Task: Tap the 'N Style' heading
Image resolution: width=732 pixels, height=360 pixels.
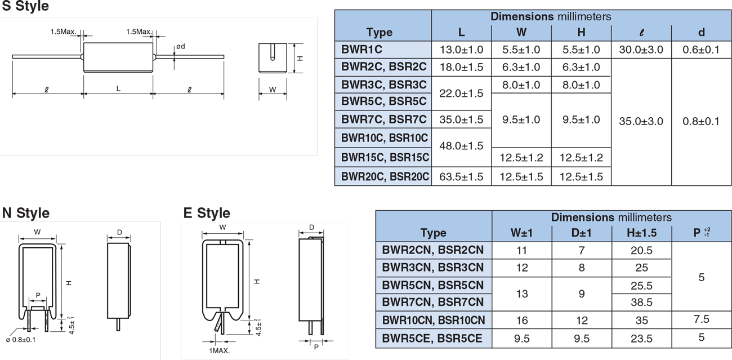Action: coord(26,213)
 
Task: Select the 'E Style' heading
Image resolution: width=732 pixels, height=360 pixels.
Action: coord(207,213)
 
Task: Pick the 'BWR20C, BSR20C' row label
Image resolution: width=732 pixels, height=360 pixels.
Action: coord(385,176)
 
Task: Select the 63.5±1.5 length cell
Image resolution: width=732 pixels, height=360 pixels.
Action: coord(461,176)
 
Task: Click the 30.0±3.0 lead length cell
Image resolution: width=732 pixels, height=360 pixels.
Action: coord(641,50)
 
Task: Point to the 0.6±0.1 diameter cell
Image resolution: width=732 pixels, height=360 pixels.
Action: coord(700,50)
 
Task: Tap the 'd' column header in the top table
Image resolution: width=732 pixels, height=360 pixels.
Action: coord(701,32)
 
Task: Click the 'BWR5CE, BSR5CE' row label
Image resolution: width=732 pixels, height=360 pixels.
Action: coord(432,339)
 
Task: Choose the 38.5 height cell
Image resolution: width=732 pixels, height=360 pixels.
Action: coord(641,303)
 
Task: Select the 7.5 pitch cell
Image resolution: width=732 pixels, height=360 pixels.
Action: coord(702,319)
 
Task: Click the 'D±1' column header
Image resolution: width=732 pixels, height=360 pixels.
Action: coord(582,233)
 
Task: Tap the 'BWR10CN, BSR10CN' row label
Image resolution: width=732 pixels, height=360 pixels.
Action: coord(433,321)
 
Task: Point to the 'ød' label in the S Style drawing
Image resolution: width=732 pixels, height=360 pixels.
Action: coord(180,46)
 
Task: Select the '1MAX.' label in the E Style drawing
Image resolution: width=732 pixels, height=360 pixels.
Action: coord(219,350)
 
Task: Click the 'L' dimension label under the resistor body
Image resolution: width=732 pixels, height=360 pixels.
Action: coord(118,89)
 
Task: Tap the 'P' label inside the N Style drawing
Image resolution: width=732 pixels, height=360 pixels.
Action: coord(38,295)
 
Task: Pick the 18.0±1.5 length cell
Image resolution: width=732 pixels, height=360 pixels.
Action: coord(461,67)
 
